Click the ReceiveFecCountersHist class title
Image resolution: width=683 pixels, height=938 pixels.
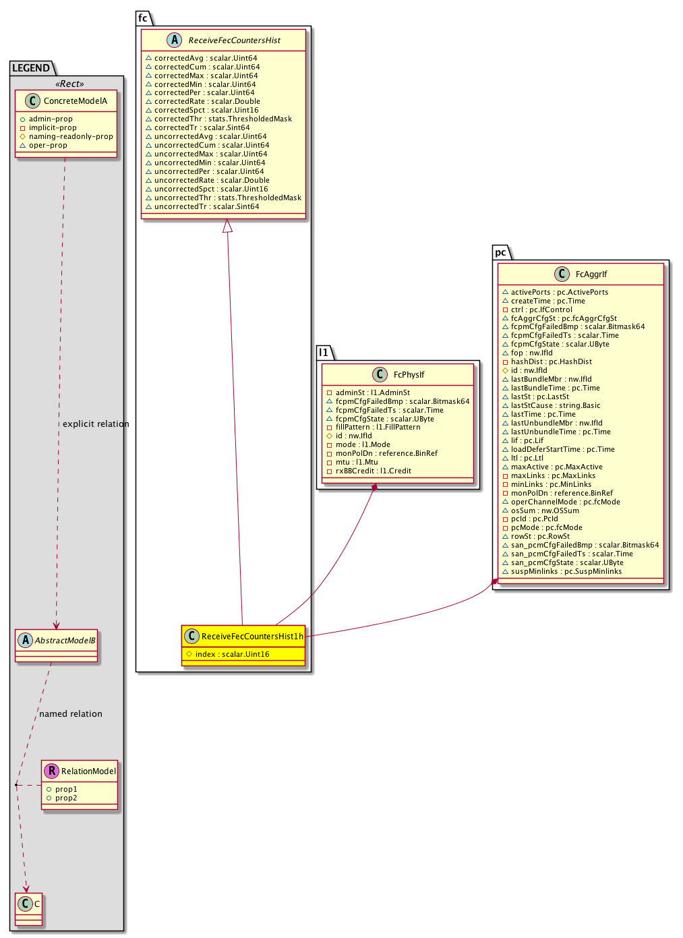tap(234, 40)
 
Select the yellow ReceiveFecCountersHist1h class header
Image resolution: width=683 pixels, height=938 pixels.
tap(251, 636)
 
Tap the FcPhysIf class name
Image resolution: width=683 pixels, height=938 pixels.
tap(409, 375)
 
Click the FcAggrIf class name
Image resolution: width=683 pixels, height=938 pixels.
tap(591, 274)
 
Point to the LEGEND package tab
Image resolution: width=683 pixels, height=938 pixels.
tap(31, 68)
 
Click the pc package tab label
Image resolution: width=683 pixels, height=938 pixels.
tap(500, 253)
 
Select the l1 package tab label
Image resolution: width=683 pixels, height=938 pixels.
tap(324, 353)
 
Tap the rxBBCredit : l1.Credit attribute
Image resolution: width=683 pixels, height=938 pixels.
tap(373, 471)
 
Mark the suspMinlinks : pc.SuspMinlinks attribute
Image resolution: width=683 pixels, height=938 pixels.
tap(566, 572)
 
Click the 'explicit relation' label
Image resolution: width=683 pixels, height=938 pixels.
tap(96, 424)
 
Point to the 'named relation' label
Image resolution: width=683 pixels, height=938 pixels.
tap(71, 714)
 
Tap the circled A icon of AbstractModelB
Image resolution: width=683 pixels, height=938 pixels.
tap(25, 641)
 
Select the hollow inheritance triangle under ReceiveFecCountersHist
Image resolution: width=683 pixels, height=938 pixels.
tap(228, 227)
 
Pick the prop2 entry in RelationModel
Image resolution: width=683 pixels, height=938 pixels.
tap(66, 798)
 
